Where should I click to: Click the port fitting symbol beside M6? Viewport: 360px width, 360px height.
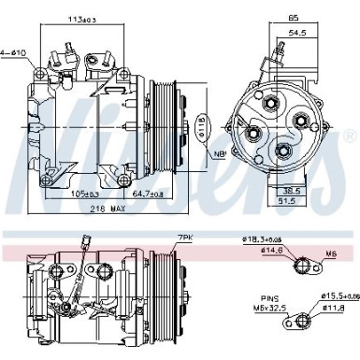coord(300,265)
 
